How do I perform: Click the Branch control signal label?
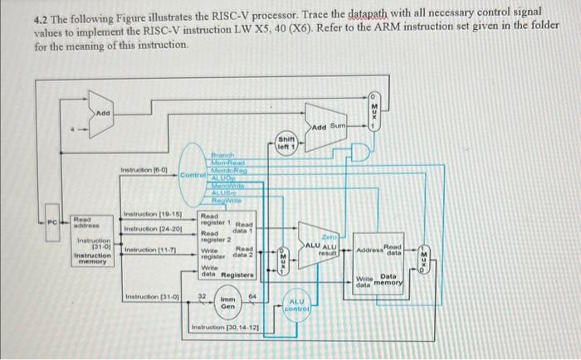(223, 154)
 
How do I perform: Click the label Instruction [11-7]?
(148, 250)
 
